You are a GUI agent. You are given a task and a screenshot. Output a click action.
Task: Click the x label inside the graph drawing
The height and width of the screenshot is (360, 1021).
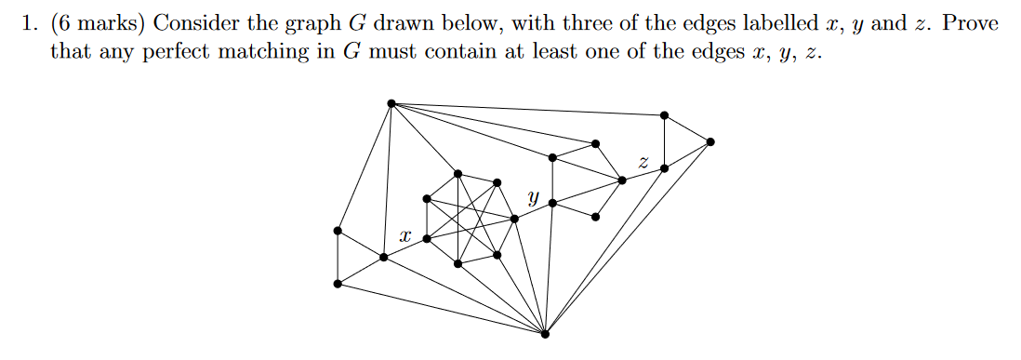pyautogui.click(x=404, y=238)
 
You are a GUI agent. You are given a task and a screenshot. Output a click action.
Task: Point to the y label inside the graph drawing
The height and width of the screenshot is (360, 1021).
pyautogui.click(x=533, y=197)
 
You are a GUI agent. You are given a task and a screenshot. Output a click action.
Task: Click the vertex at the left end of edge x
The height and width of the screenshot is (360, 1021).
pyautogui.click(x=383, y=257)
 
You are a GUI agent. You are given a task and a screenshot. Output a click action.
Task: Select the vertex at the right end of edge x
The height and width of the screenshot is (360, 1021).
pyautogui.click(x=427, y=239)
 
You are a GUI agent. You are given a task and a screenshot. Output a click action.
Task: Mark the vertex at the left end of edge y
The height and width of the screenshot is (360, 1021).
pyautogui.click(x=514, y=219)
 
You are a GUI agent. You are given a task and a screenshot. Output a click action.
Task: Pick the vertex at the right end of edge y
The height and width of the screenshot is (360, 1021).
pyautogui.click(x=552, y=203)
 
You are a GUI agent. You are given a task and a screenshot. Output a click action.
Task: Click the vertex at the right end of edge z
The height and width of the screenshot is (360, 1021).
pyautogui.click(x=664, y=168)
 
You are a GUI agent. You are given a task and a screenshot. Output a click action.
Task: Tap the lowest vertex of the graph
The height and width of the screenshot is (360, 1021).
pyautogui.click(x=545, y=333)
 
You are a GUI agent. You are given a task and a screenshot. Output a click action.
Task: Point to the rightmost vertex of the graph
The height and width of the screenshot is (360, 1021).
pyautogui.click(x=710, y=141)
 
